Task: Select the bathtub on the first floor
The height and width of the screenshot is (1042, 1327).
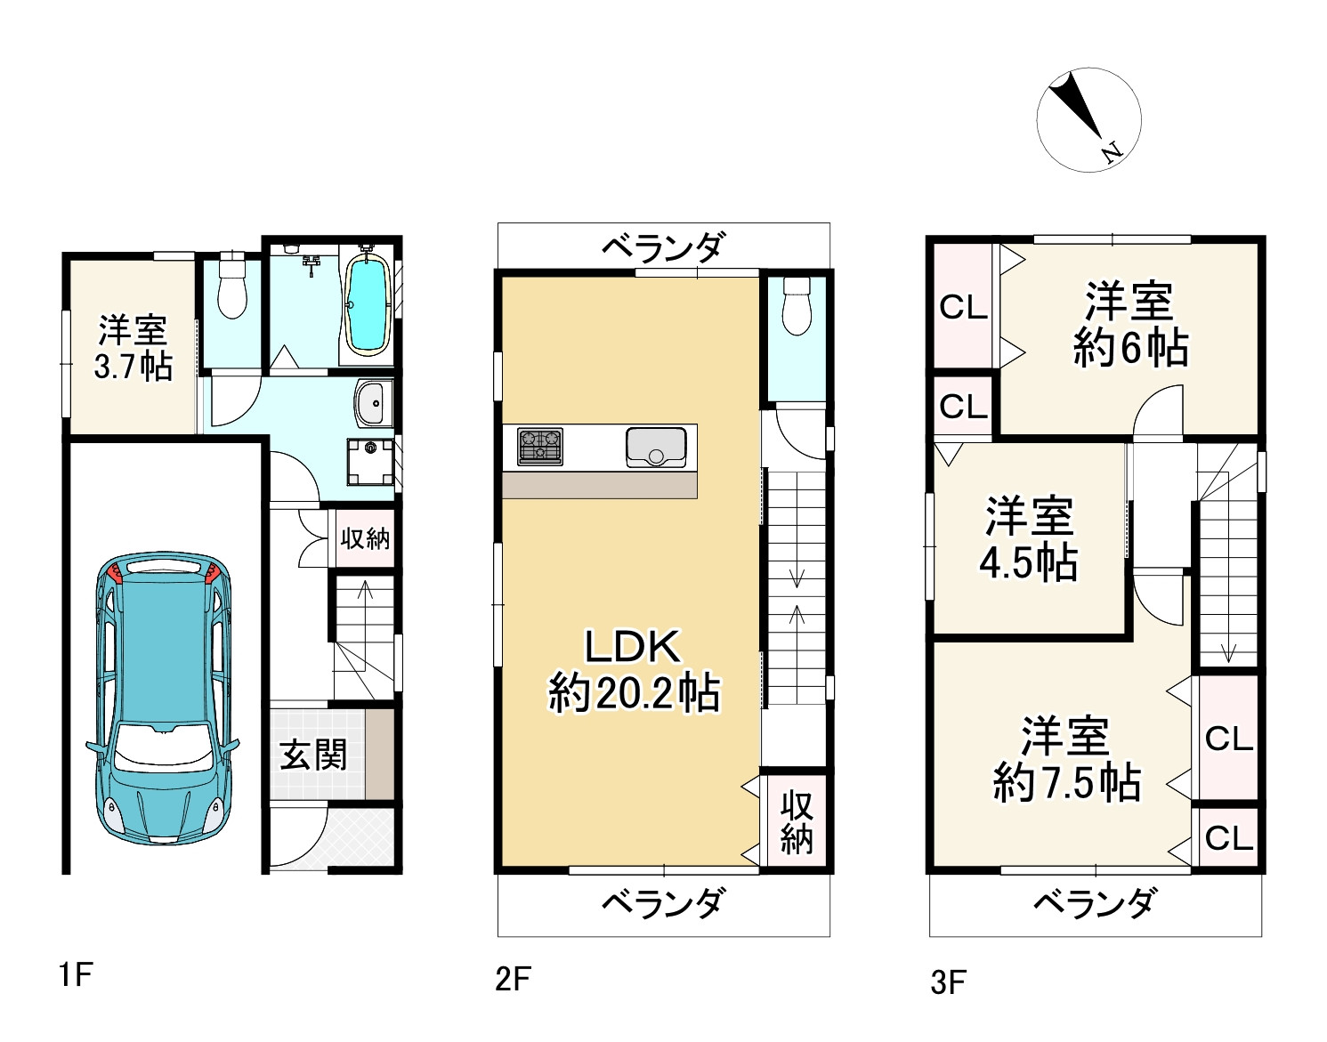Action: click(x=365, y=303)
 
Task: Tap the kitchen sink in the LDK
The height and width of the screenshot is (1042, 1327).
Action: click(x=656, y=447)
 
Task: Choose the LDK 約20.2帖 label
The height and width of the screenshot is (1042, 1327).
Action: click(x=633, y=669)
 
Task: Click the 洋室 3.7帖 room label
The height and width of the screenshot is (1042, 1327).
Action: click(x=133, y=348)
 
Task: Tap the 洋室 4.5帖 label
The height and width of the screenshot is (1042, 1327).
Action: click(x=1029, y=539)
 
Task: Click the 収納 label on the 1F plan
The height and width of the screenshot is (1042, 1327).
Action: click(x=365, y=538)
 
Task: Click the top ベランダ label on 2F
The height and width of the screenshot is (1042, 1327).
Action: click(x=663, y=246)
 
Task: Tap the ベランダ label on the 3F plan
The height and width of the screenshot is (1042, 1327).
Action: click(x=1094, y=904)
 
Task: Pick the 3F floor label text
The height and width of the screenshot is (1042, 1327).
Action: click(x=948, y=982)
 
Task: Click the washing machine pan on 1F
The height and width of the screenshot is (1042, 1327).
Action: click(x=369, y=462)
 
